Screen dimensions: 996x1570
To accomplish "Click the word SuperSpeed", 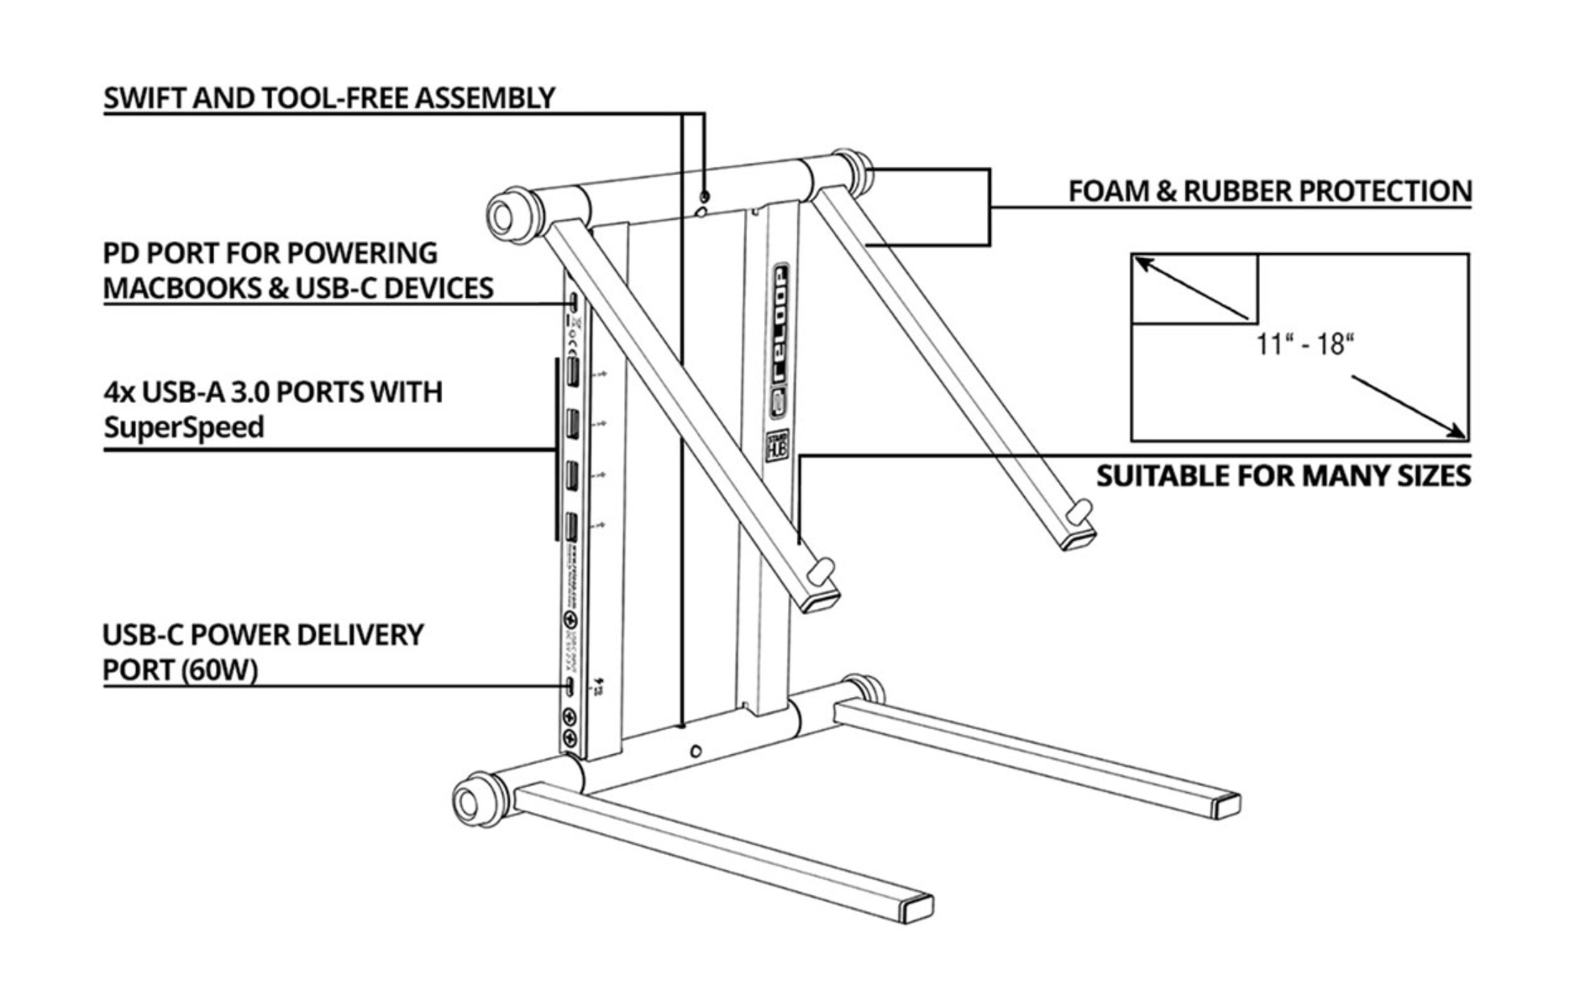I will point(184,427).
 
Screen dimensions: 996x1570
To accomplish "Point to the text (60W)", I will point(216,670).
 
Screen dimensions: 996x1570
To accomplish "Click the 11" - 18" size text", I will point(1305,344).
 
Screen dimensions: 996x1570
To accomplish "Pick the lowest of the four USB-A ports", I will point(571,527).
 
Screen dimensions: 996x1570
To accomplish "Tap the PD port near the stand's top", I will point(573,301).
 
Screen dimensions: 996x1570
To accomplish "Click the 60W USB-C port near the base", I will point(572,686).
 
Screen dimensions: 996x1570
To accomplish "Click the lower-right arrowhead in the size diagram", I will point(1457,432).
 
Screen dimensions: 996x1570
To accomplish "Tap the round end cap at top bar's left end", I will point(502,216).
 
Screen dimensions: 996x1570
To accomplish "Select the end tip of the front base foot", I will point(917,910).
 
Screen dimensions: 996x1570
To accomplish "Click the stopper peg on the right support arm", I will point(1084,509).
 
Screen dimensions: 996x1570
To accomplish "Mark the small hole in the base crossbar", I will point(696,751).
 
